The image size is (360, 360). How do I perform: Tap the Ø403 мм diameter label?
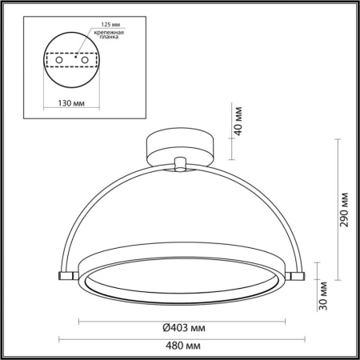click(x=178, y=328)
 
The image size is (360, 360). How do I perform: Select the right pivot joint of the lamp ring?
click(x=298, y=274)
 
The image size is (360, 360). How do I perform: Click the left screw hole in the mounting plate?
click(x=55, y=61)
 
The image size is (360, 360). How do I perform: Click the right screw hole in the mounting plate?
click(x=82, y=61)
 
